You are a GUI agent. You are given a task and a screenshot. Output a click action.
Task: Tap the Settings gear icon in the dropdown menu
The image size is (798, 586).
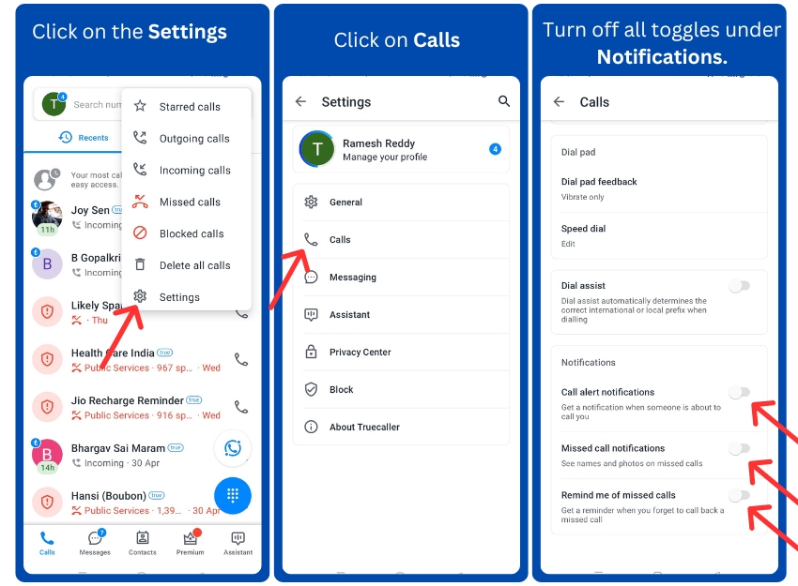point(140,297)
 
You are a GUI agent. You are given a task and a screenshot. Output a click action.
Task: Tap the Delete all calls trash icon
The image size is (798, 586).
point(140,265)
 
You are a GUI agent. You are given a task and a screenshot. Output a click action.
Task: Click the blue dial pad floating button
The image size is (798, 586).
point(232,495)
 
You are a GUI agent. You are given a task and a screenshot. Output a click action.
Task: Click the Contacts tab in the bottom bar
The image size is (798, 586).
point(143,542)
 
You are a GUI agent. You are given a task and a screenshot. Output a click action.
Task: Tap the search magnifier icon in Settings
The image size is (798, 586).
point(504,101)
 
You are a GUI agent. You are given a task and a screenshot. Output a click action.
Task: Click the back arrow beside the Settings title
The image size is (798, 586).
point(300,101)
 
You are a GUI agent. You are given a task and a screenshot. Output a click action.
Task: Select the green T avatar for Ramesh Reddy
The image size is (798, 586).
point(317,149)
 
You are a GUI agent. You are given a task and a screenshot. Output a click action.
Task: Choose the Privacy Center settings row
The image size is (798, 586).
point(360,353)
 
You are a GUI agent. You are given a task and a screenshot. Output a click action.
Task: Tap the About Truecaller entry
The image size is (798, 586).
point(364,428)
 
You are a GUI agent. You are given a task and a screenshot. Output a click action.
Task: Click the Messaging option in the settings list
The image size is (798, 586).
point(353,278)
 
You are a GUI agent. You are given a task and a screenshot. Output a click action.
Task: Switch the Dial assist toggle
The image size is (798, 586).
point(740,286)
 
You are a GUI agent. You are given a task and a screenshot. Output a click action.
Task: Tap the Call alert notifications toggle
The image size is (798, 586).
point(740,393)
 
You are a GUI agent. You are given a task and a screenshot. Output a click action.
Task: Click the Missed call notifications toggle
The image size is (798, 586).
point(740,449)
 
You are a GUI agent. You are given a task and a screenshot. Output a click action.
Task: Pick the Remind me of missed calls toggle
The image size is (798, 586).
point(740,495)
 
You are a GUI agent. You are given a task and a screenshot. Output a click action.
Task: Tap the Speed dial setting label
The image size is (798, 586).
point(583,229)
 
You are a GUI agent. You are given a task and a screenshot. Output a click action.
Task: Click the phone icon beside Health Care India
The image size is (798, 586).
point(241,359)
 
